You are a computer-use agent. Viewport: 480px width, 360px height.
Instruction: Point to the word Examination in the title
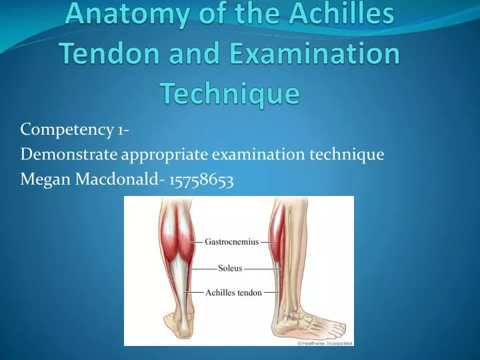[x=315, y=53]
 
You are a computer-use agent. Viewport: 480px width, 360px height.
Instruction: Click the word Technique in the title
[x=231, y=93]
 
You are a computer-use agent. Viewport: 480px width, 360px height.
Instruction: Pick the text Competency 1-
[x=75, y=130]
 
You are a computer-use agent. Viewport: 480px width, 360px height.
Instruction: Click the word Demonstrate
[x=69, y=154]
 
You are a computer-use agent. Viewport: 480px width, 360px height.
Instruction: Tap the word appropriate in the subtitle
[x=165, y=155]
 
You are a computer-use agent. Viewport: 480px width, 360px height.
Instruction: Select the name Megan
[x=45, y=179]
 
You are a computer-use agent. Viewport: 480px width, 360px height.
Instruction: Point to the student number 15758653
[x=201, y=180]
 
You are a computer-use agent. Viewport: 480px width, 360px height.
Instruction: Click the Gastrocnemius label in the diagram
[x=232, y=242]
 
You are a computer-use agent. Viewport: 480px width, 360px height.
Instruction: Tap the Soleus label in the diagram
[x=230, y=269]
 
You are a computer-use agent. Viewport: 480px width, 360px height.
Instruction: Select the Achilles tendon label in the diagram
[x=233, y=293]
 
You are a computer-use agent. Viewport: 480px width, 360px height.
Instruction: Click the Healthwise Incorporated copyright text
[x=325, y=343]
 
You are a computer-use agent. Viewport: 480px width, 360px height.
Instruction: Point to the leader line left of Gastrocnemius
[x=196, y=242]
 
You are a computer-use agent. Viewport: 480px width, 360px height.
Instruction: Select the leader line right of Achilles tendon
[x=271, y=293]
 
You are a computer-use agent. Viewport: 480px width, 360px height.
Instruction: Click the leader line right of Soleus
[x=263, y=269]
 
